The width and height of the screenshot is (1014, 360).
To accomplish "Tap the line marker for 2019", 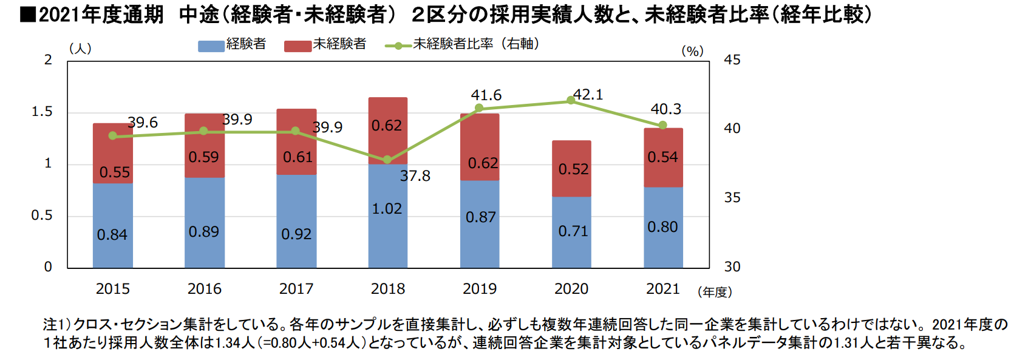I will tap(479, 108).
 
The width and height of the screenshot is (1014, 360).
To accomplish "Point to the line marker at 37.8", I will tap(387, 160).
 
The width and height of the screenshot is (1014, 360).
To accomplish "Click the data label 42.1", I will tap(588, 95).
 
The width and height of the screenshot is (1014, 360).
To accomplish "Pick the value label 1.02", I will tap(387, 209).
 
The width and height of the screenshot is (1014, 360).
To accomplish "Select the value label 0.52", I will tap(573, 169).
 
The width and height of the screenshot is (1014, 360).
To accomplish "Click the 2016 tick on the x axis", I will tap(205, 289).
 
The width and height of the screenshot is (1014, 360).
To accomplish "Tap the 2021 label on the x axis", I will tap(662, 289).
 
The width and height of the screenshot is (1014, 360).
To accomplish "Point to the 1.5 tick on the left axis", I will tap(42, 112).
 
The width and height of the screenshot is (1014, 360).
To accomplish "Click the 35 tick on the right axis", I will tap(732, 197).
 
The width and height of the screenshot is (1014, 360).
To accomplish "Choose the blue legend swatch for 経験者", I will tap(211, 46).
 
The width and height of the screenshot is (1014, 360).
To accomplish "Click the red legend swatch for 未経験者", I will tap(298, 46).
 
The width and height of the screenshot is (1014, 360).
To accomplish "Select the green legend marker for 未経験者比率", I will tap(398, 46).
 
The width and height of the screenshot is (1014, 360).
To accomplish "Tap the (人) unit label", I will tap(80, 49).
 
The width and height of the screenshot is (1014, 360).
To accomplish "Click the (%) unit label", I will tap(692, 52).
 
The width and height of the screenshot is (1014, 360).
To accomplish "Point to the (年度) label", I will tap(715, 292).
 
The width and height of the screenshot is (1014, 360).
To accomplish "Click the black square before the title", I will tap(27, 14).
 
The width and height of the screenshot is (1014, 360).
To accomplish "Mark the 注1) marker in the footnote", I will tap(57, 325).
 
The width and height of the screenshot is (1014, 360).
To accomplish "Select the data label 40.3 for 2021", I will tap(665, 109).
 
